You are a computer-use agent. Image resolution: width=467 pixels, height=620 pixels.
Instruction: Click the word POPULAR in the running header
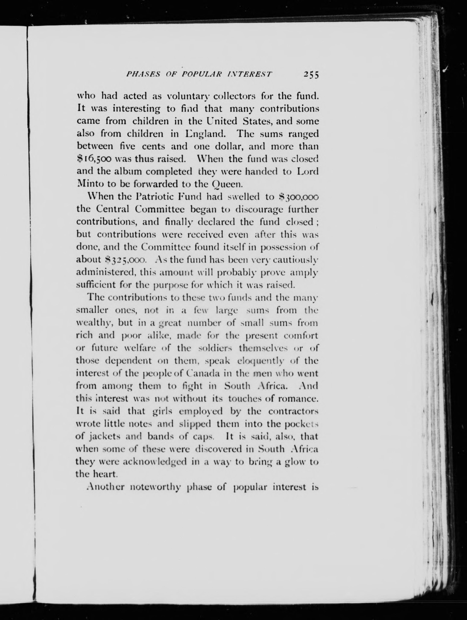tap(202, 74)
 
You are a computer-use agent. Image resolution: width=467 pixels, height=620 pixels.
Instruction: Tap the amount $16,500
tap(94, 159)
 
